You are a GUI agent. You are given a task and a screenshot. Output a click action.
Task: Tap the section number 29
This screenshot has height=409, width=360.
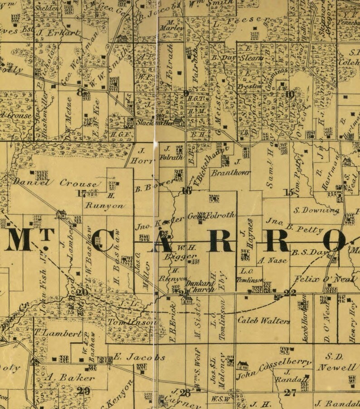click(83, 391)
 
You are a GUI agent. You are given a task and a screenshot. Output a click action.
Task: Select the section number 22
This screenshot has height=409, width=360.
click(290, 292)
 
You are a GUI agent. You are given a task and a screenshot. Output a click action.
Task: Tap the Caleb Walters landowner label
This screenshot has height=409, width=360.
click(263, 320)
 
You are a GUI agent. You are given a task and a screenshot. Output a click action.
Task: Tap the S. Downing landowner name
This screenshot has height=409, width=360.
click(316, 210)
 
